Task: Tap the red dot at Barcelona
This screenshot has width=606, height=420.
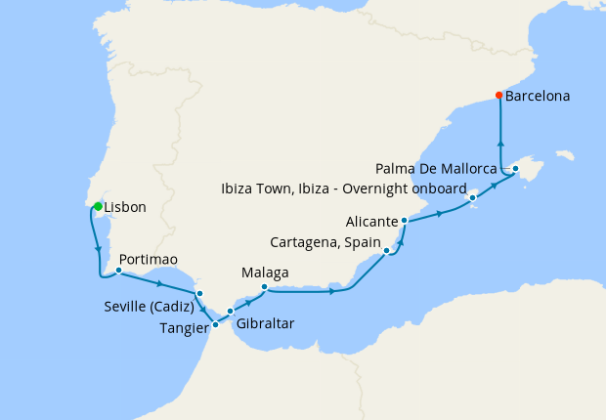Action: (498, 96)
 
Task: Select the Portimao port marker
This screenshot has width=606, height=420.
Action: (118, 271)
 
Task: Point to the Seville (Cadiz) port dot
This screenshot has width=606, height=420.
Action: (199, 293)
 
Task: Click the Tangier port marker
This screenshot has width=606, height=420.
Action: (215, 324)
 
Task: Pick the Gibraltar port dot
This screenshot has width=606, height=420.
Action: (231, 312)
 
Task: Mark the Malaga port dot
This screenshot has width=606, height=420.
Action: (265, 286)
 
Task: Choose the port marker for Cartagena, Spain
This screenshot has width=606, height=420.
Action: (388, 251)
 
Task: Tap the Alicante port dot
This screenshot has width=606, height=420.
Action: (404, 222)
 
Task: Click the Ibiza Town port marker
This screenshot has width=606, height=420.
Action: (473, 197)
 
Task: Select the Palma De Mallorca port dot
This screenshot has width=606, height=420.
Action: (515, 169)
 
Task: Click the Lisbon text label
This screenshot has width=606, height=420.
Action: (125, 207)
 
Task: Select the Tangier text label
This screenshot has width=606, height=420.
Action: (183, 328)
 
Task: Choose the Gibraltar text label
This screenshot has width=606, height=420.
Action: (265, 322)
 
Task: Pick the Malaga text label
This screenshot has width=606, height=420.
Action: (265, 272)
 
